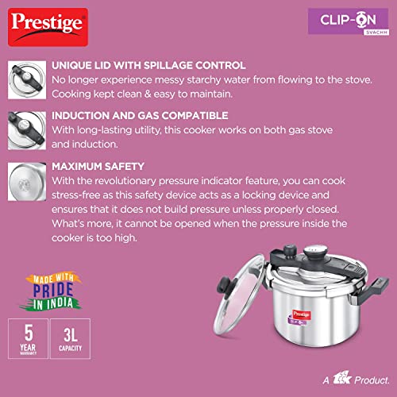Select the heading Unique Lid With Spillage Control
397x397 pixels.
148,65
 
